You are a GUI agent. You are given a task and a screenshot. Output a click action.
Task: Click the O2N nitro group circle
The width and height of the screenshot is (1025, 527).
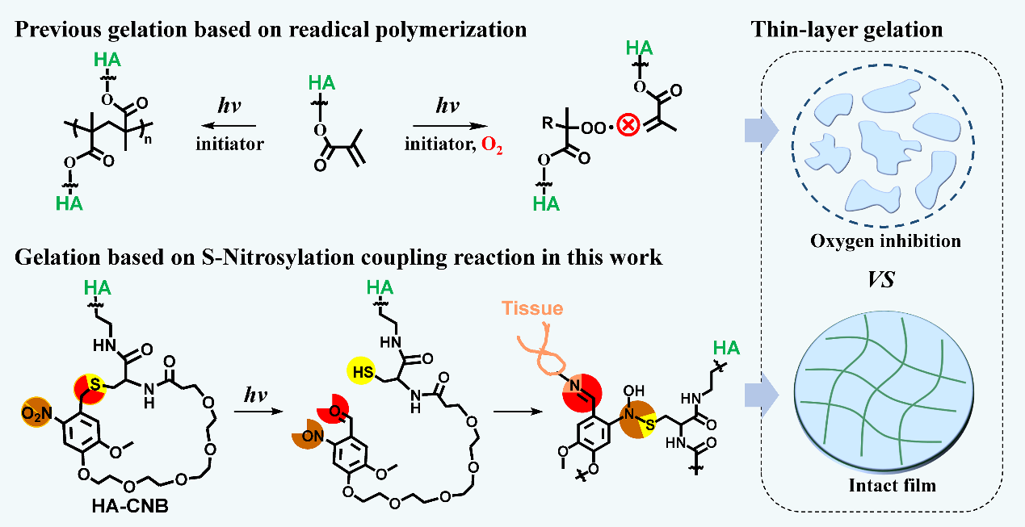tap(35, 413)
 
